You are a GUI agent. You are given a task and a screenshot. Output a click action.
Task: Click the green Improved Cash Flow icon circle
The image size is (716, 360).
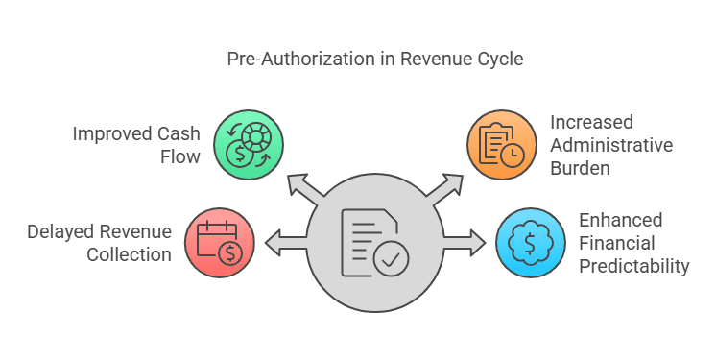click(x=248, y=144)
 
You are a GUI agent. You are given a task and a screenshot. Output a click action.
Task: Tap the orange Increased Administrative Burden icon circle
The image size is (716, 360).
click(x=500, y=144)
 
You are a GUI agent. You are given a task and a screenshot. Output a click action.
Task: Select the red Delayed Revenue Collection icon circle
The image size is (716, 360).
click(x=219, y=242)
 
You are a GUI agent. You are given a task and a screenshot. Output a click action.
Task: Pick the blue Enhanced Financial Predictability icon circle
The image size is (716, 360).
click(x=531, y=242)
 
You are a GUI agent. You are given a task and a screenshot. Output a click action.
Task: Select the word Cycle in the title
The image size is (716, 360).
click(x=500, y=59)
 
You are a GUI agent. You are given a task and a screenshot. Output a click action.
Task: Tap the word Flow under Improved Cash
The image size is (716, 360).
click(x=181, y=156)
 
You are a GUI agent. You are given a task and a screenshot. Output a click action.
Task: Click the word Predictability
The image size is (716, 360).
click(x=634, y=266)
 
